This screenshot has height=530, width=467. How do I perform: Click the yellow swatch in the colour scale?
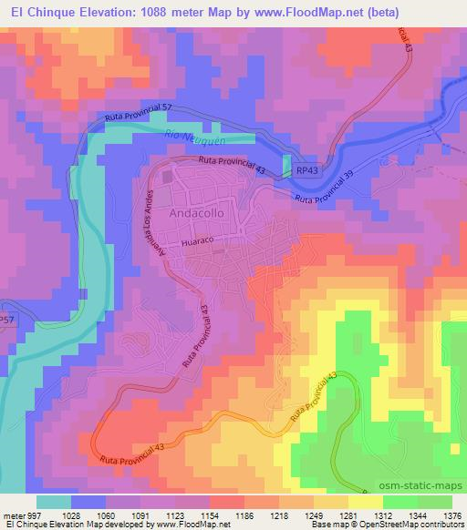(365, 502)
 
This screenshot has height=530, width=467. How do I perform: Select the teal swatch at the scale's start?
(53, 502)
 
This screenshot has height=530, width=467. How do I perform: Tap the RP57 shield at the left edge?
(7, 321)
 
